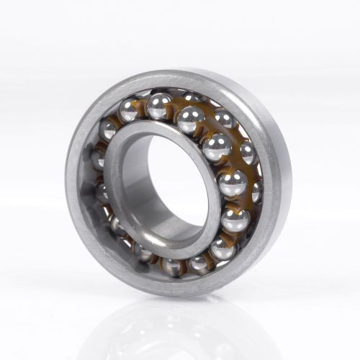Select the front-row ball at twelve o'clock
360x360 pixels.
pyautogui.click(x=158, y=106)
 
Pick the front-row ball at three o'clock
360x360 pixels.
pyautogui.click(x=232, y=183)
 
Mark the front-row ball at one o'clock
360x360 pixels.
pyautogui.click(x=191, y=120)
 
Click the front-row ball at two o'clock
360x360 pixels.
pyautogui.click(x=216, y=148)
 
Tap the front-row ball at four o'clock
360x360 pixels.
pyautogui.click(x=235, y=220)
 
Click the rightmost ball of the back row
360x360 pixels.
pyautogui.click(x=257, y=192)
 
